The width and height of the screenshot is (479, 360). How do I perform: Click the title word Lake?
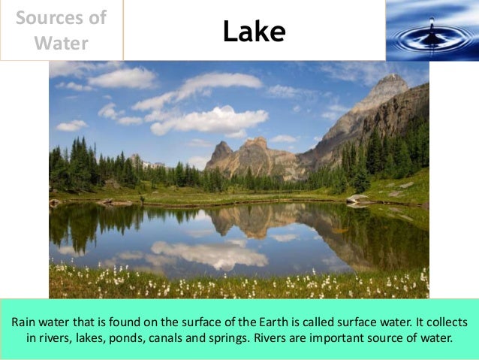tap(254, 32)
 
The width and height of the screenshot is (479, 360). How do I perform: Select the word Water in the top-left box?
tap(62, 43)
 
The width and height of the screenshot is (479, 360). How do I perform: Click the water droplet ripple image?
tap(432, 30)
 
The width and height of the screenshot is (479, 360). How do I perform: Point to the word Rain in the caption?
tap(25, 322)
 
